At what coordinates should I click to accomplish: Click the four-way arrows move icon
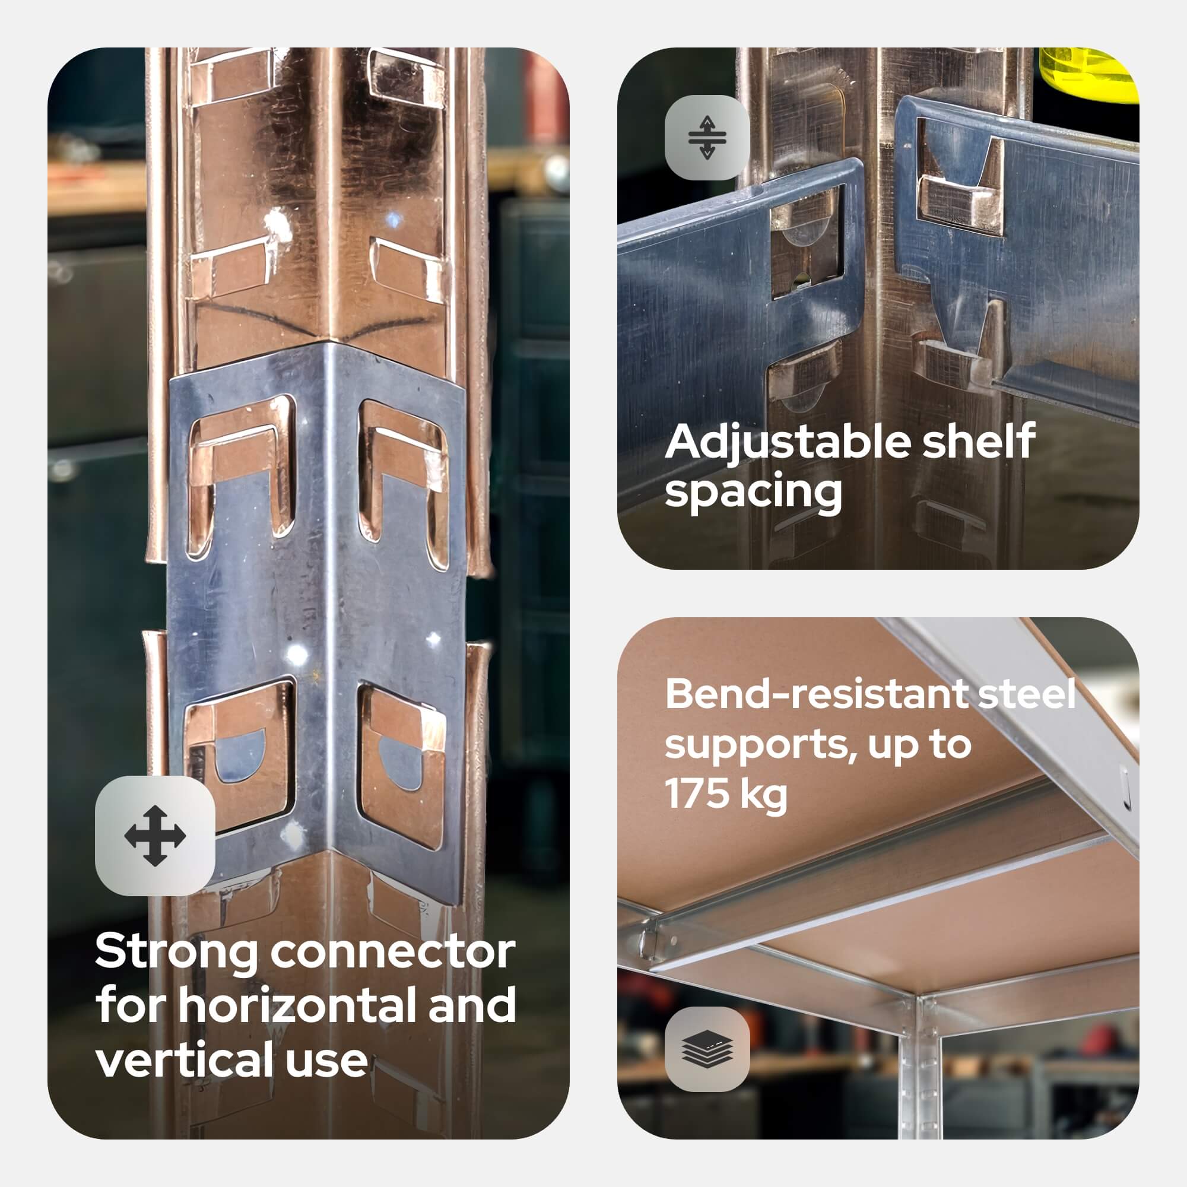(155, 836)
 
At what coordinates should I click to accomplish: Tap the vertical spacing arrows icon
(707, 138)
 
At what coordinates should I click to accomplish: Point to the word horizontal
(297, 1006)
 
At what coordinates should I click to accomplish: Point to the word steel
(1027, 694)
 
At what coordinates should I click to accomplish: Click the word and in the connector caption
(473, 1006)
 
